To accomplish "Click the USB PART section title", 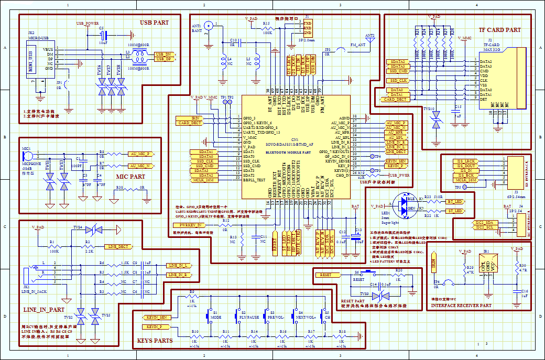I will pyautogui.click(x=154, y=23).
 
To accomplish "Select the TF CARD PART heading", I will pyautogui.click(x=499, y=30).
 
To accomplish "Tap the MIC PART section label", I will pyautogui.click(x=130, y=177).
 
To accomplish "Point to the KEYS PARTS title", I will pyautogui.click(x=155, y=341).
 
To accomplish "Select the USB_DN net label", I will pyautogui.click(x=164, y=54).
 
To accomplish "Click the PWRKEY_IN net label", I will pyautogui.click(x=187, y=225).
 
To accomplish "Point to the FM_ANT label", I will pyautogui.click(x=357, y=46).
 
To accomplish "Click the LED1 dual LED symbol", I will pyautogui.click(x=405, y=205).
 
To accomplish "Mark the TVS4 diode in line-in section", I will pyautogui.click(x=95, y=230).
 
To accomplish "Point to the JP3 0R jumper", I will pyautogui.click(x=328, y=53).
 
